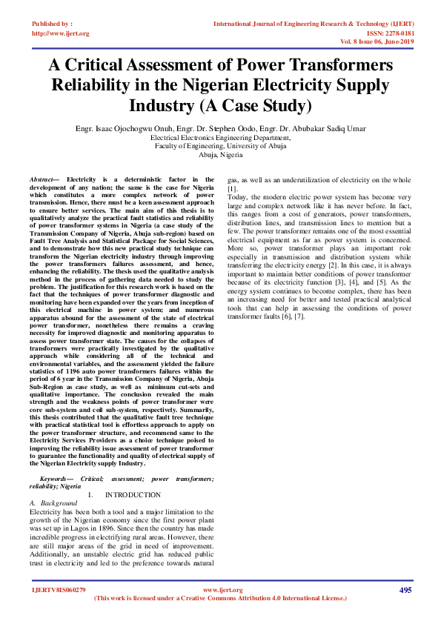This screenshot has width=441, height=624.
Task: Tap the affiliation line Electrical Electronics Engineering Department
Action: (x=220, y=138)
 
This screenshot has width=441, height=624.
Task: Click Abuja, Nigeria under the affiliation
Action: (x=220, y=156)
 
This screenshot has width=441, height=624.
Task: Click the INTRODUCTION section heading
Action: (x=133, y=494)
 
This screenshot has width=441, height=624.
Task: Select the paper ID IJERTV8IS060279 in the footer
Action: (x=59, y=590)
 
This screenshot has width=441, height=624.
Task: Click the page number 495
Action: (x=405, y=590)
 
